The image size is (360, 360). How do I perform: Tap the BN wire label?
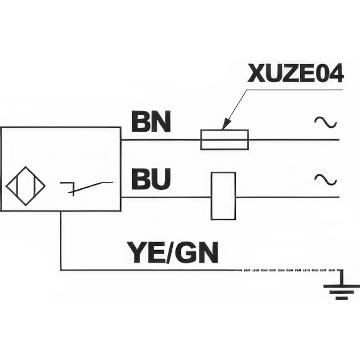click(151, 122)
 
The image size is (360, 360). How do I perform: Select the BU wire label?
click(151, 180)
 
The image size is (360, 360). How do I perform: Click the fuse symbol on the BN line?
click(224, 140)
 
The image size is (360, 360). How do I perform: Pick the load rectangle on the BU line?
click(223, 196)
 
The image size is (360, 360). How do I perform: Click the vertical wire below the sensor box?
click(61, 240)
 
